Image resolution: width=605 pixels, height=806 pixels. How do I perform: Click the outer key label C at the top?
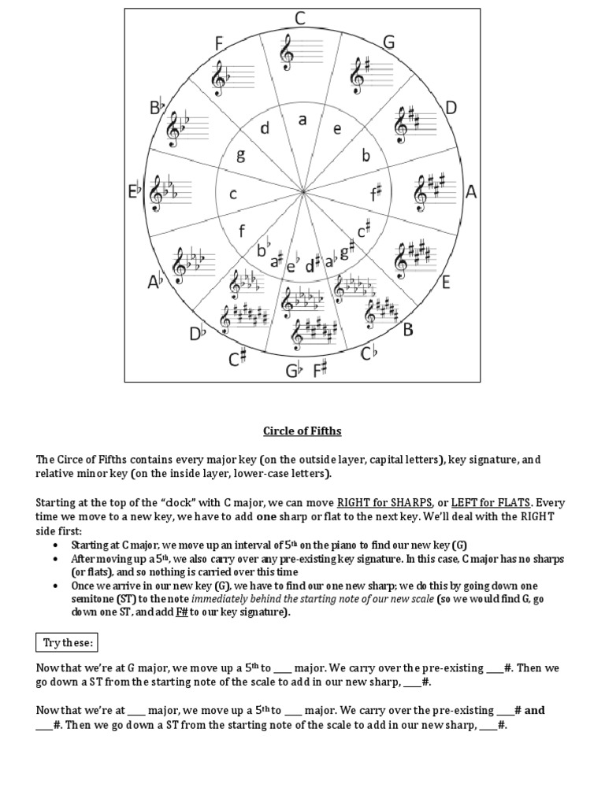click(301, 18)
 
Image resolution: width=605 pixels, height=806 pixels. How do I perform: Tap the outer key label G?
click(388, 42)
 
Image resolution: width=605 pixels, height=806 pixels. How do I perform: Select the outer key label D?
click(451, 108)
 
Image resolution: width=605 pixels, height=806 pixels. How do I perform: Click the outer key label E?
click(446, 282)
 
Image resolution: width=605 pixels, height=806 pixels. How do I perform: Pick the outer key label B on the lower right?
click(408, 330)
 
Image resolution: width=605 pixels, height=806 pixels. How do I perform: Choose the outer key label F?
click(219, 43)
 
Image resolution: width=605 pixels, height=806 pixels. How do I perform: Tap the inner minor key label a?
click(302, 120)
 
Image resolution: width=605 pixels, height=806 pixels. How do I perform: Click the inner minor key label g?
click(241, 156)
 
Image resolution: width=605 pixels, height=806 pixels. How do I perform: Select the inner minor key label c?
click(232, 194)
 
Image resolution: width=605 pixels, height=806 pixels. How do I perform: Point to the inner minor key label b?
click(366, 156)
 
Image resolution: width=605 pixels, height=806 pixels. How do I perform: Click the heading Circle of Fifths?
click(302, 431)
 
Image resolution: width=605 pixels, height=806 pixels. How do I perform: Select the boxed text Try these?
click(68, 642)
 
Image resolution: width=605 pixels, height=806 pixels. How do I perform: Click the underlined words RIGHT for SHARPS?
click(384, 502)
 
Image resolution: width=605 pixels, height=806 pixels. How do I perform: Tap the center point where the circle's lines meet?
click(302, 192)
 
